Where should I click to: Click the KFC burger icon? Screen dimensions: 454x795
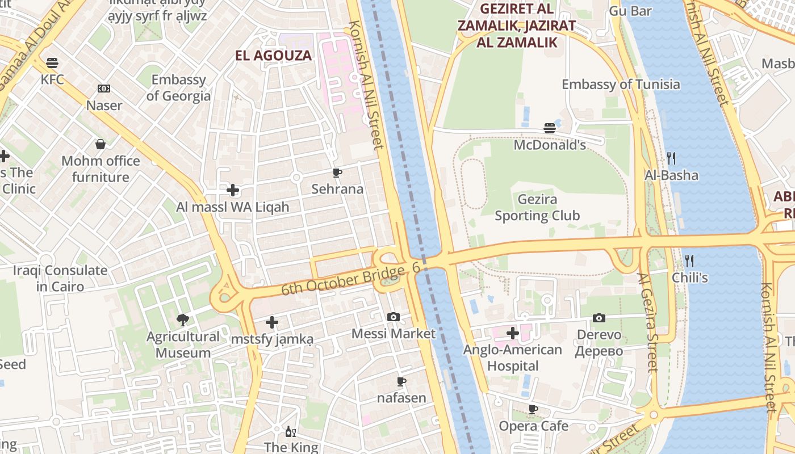(52, 63)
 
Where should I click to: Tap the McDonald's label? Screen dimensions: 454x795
(549, 145)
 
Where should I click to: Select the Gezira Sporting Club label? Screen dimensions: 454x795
(537, 208)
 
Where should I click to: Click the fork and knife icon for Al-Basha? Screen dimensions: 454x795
(671, 158)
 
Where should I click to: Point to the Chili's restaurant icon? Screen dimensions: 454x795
(689, 261)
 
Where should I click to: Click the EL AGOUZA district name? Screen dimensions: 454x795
(274, 56)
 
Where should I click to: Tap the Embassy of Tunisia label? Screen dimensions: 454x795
(620, 85)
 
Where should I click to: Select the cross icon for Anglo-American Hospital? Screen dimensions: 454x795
(513, 333)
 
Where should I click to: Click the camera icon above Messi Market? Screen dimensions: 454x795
(393, 317)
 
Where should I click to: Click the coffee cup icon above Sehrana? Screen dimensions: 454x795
(337, 173)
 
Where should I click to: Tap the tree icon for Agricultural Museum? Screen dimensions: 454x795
(182, 320)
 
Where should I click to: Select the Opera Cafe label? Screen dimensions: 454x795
(533, 426)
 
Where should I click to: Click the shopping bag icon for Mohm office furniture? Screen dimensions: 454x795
(101, 144)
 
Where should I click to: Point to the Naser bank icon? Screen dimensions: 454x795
(104, 89)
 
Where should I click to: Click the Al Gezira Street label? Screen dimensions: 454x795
(647, 322)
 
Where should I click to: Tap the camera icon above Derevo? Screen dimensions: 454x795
(599, 318)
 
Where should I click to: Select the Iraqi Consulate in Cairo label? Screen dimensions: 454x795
(60, 278)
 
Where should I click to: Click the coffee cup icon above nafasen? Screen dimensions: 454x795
(401, 381)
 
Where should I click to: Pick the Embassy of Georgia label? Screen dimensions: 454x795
(178, 88)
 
